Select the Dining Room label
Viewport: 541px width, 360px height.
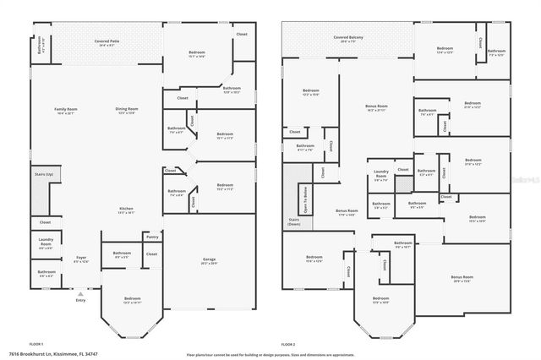[x=128, y=110]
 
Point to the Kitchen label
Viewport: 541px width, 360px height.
[x=125, y=210]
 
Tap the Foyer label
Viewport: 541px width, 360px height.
[x=81, y=259]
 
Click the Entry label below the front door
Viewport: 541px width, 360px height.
[x=80, y=300]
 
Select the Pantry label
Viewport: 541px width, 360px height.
[x=152, y=237]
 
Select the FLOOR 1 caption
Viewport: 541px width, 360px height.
[x=36, y=345]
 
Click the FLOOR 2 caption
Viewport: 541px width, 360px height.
[x=288, y=345]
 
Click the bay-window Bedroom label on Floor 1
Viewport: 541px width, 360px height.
[x=133, y=300]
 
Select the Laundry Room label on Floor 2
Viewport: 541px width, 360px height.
[x=380, y=177]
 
